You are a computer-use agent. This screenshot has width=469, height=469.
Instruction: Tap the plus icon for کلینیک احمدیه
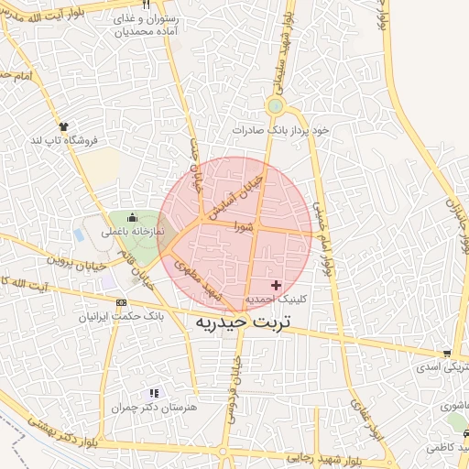pyautogui.click(x=277, y=286)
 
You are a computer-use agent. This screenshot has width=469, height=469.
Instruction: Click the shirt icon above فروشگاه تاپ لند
pyautogui.click(x=63, y=126)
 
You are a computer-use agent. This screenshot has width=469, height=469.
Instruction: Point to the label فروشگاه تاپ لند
pyautogui.click(x=63, y=140)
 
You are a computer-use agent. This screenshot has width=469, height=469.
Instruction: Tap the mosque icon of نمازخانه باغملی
pyautogui.click(x=133, y=218)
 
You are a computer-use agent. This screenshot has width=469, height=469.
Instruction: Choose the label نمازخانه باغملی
pyautogui.click(x=132, y=232)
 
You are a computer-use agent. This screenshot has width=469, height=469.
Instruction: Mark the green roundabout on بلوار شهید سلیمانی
pyautogui.click(x=274, y=107)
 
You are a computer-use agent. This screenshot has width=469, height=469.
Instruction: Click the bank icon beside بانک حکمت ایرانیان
pyautogui.click(x=122, y=302)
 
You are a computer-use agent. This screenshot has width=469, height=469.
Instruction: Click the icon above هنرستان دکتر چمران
pyautogui.click(x=153, y=393)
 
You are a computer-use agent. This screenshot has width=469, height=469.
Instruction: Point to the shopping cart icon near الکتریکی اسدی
pyautogui.click(x=446, y=354)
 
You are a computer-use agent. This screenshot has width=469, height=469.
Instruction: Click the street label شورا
pyautogui.click(x=242, y=224)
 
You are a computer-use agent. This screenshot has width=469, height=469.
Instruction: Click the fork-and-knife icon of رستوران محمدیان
pyautogui.click(x=146, y=5)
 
